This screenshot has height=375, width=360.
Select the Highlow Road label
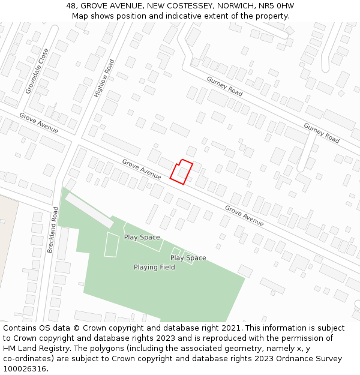[x=104, y=78]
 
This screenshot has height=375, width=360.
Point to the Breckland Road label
[x=52, y=230]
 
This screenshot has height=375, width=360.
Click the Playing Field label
[x=154, y=267]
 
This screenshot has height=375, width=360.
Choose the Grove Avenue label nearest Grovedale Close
[x=38, y=122]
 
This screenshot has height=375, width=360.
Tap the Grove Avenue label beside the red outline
[x=142, y=169]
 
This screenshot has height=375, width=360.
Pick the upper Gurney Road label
[x=224, y=86]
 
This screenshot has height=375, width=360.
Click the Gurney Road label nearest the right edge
[x=321, y=133]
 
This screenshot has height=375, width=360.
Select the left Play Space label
[x=142, y=237]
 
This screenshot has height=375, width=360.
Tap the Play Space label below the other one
[x=188, y=258]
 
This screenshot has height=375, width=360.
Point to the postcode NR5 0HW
[x=278, y=6]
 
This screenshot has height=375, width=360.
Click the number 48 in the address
[x=71, y=6]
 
